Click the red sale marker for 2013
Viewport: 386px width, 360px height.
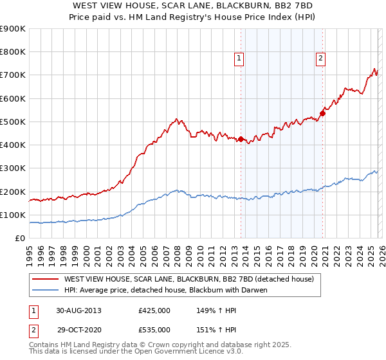click(241, 139)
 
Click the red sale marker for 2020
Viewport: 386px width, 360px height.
click(322, 113)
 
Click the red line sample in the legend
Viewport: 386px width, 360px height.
click(46, 279)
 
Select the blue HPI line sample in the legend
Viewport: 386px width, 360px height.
click(46, 290)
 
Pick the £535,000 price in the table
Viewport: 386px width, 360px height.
click(154, 329)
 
